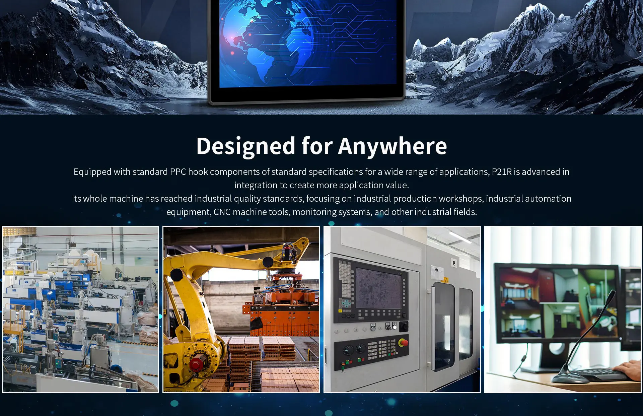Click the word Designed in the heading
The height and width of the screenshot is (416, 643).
(x=246, y=146)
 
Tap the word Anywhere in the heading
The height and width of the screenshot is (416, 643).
(x=392, y=146)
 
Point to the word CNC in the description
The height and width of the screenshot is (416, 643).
(x=222, y=212)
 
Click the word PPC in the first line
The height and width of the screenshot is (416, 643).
(x=178, y=172)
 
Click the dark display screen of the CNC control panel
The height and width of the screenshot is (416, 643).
(x=378, y=288)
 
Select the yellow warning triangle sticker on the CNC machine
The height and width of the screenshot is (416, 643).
(x=446, y=280)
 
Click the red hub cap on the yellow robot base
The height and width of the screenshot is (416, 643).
(x=196, y=364)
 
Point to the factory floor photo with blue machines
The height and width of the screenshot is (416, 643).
(x=80, y=309)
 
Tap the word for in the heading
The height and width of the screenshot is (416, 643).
(x=317, y=146)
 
